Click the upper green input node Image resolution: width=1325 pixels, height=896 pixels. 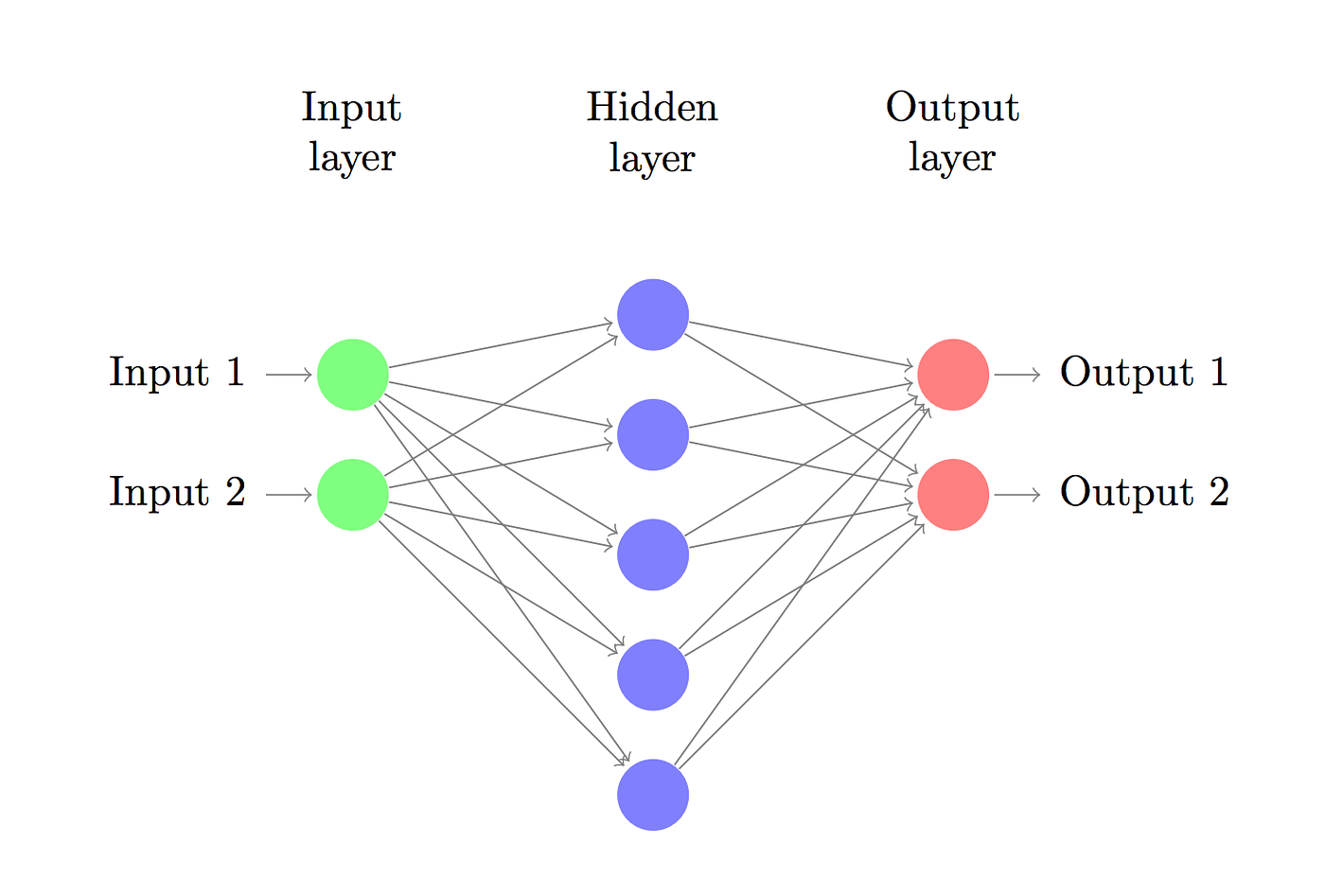point(353,375)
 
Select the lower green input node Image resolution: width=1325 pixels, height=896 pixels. point(353,495)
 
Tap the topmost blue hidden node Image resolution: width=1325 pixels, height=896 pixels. point(653,315)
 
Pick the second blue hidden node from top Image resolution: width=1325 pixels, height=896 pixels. point(653,435)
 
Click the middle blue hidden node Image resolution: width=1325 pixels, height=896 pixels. point(653,554)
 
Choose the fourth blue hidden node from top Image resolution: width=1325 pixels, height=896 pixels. point(653,675)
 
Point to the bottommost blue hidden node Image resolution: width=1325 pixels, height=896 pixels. point(653,795)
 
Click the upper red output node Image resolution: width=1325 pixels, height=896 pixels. point(953,375)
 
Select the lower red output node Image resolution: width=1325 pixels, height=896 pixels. point(953,495)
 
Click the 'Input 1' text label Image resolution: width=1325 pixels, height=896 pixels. point(177,373)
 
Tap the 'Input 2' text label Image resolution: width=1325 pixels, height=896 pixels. point(177,493)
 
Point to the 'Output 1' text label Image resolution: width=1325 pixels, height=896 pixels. point(1144,373)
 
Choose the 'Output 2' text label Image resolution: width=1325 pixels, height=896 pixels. point(1144,493)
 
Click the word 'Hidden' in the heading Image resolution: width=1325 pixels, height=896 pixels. point(652,108)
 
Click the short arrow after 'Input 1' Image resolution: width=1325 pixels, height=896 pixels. point(289,375)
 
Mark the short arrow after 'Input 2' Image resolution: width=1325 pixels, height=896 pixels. point(289,495)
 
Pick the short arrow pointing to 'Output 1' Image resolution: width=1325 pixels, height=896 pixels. point(1017,375)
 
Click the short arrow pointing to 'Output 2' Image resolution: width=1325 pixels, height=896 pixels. point(1017,495)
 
